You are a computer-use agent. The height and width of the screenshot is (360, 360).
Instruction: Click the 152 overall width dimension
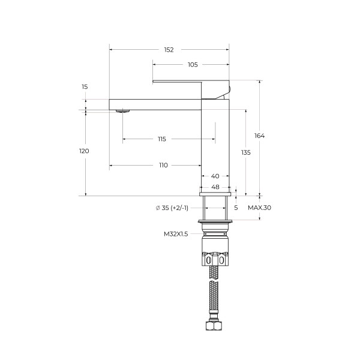(169, 50)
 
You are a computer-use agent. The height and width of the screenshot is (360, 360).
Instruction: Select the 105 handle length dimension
(193, 65)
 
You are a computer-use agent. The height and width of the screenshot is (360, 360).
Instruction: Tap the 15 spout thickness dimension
(85, 87)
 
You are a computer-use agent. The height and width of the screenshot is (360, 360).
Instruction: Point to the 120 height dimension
(84, 151)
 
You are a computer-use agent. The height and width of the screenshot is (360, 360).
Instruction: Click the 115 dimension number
(162, 139)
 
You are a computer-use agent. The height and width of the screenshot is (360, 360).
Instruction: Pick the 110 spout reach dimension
(163, 166)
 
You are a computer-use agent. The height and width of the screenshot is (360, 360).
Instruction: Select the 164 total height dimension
(259, 136)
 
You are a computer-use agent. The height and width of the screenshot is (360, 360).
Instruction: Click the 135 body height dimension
(245, 152)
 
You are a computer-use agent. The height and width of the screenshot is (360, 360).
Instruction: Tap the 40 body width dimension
(215, 176)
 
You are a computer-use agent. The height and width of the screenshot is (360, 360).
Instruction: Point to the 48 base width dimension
(215, 187)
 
